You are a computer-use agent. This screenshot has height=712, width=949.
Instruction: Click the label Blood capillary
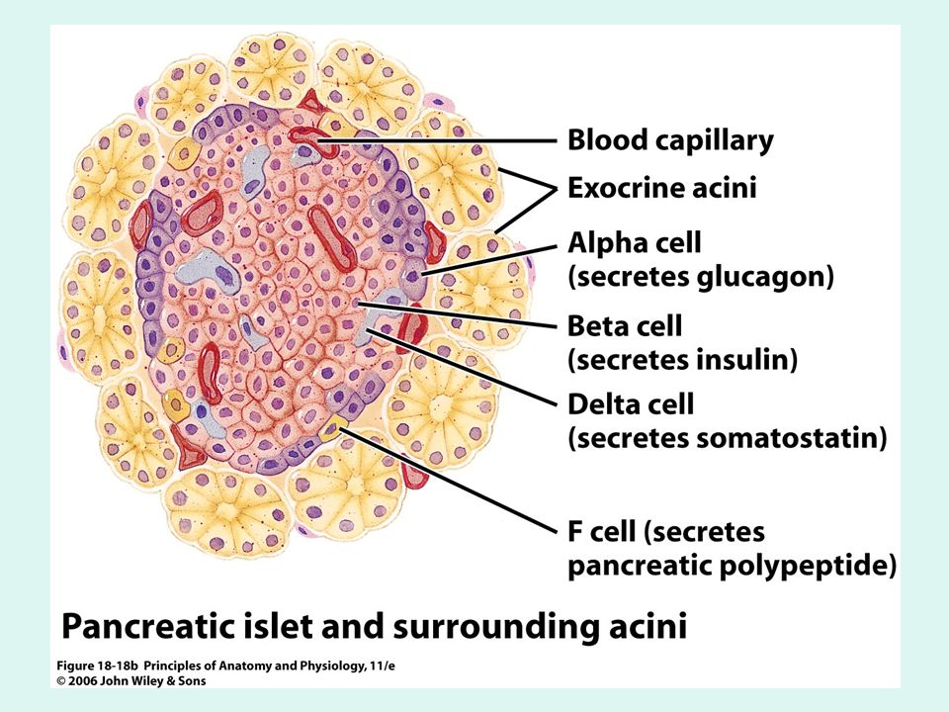tap(670, 140)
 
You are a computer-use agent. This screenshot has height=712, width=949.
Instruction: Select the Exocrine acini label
tap(662, 188)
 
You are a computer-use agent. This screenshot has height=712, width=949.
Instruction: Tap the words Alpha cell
tap(635, 243)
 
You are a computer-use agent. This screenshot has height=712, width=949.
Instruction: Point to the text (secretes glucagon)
tap(701, 276)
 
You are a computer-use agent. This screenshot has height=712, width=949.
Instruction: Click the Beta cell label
tap(625, 325)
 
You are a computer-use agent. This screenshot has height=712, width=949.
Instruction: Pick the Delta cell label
tap(631, 403)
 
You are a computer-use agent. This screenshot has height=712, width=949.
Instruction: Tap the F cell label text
tap(602, 532)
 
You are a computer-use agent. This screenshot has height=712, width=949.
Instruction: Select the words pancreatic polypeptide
tap(732, 566)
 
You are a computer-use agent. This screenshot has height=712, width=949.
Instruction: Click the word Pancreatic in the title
tap(146, 626)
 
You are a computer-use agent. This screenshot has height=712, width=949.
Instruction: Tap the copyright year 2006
tap(82, 681)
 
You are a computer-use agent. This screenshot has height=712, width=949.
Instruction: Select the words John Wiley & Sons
tap(153, 681)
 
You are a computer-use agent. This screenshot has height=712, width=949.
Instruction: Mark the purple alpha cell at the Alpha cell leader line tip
tap(413, 276)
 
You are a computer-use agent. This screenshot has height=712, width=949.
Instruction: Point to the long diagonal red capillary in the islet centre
tap(332, 238)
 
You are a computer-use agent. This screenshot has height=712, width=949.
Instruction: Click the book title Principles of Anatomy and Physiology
tap(269, 666)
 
